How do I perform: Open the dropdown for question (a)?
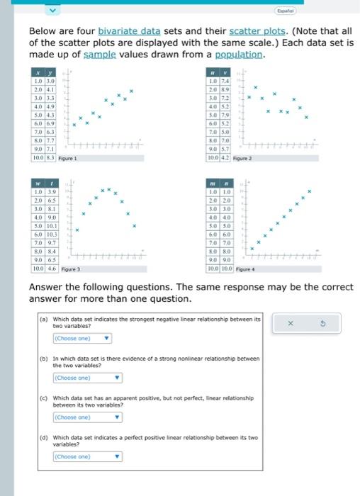83,338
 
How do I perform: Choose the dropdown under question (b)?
83,378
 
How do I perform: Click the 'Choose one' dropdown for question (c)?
83,417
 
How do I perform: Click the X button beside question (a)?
289,324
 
